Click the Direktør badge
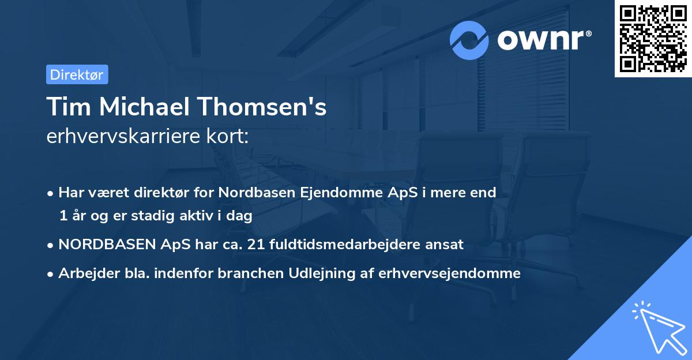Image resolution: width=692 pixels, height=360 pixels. [77, 74]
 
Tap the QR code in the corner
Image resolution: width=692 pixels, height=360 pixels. [653, 38]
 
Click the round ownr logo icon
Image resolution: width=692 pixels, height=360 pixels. [469, 40]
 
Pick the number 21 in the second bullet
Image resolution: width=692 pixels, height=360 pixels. [254, 245]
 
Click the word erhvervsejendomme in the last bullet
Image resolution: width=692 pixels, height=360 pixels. [449, 273]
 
